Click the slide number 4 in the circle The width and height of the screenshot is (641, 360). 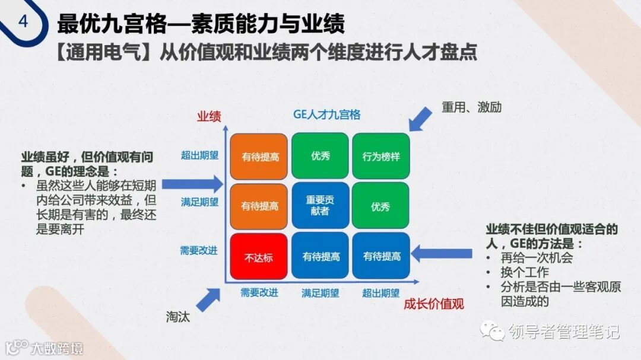[23, 21]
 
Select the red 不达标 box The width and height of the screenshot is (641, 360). [259, 257]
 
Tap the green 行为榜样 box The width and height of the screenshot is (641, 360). [381, 157]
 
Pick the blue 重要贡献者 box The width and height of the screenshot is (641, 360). [320, 205]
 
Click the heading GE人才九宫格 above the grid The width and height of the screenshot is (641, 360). [327, 114]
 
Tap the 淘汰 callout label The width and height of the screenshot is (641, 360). [178, 317]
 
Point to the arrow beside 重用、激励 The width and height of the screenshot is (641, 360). [421, 117]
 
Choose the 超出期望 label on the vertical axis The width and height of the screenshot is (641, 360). [200, 155]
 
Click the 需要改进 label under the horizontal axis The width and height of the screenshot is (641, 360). [259, 292]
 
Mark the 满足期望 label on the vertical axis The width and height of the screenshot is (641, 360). [200, 202]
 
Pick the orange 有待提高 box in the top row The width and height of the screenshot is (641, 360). [259, 157]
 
